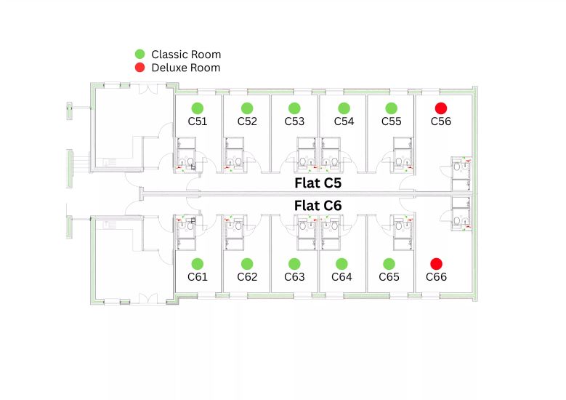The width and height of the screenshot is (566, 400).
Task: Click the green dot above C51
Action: point(198,108)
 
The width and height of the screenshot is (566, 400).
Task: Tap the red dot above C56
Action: point(441,108)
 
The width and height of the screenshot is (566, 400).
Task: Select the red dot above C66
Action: point(436,264)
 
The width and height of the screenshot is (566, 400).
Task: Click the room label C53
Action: point(294,121)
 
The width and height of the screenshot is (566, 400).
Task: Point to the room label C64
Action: point(341,277)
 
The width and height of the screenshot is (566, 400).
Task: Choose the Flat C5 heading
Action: point(318,183)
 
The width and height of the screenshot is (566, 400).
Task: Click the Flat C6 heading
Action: point(318,206)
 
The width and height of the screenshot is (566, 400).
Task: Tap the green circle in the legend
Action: point(140,55)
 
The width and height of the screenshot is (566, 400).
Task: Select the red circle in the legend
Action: point(140,67)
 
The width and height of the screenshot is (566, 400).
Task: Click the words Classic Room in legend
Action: point(186,55)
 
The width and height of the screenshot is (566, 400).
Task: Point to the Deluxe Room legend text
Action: point(186,68)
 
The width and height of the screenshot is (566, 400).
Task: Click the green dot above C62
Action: point(247,264)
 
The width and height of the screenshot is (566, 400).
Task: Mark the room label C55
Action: point(392,121)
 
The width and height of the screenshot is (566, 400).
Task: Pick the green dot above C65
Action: point(389,264)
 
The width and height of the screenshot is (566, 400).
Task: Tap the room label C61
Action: point(198,277)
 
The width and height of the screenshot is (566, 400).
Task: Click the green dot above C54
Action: point(344,108)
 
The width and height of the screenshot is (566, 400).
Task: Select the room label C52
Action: point(247,121)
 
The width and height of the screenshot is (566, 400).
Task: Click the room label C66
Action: point(436,277)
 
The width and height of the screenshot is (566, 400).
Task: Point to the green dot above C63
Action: point(294,264)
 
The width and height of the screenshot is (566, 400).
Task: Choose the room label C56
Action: point(441,121)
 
